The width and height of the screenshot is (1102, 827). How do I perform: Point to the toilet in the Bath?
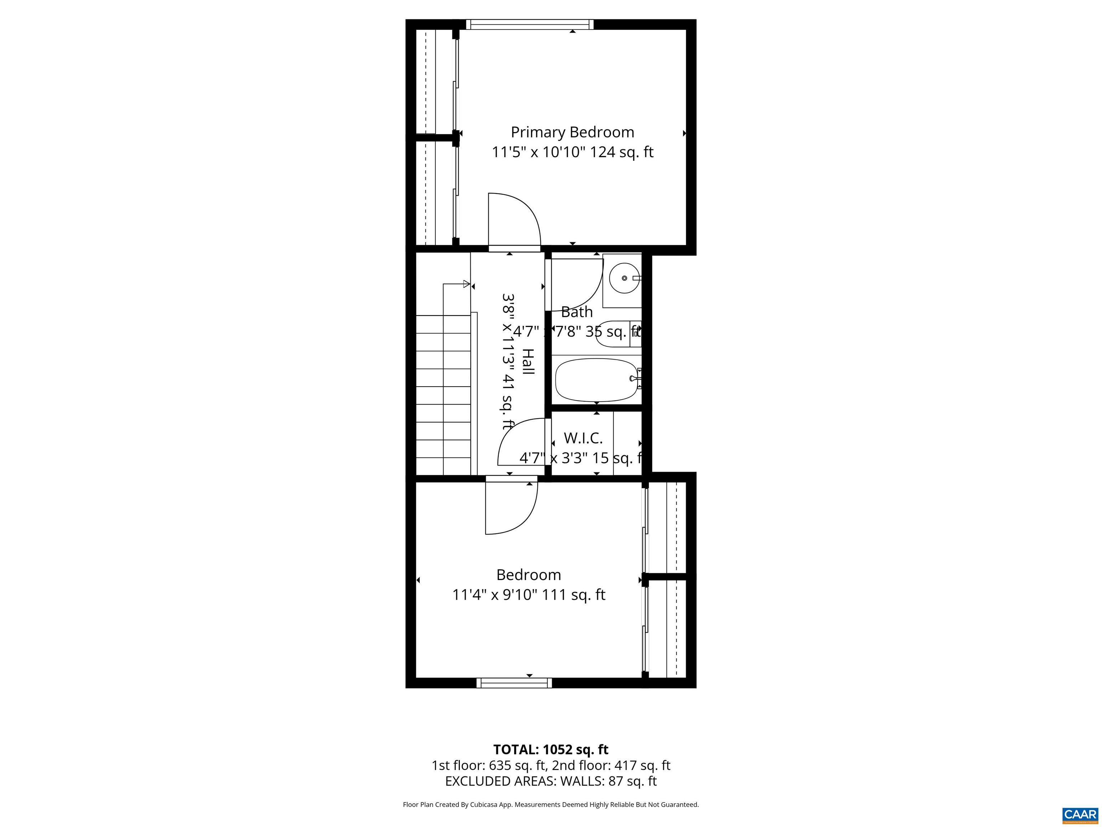[618, 334]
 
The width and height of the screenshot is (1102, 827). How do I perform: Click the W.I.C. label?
[583, 438]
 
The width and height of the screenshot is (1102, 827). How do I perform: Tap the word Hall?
[528, 361]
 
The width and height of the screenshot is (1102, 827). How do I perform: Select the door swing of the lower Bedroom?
[511, 506]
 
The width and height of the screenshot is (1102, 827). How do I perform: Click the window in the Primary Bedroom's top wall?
[529, 24]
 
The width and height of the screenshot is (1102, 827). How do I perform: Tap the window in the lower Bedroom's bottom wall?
[514, 683]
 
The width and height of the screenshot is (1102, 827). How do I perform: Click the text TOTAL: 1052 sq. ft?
[551, 749]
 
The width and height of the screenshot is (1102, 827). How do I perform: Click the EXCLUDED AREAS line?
[551, 781]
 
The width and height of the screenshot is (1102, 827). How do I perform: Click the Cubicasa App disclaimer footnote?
[551, 804]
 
